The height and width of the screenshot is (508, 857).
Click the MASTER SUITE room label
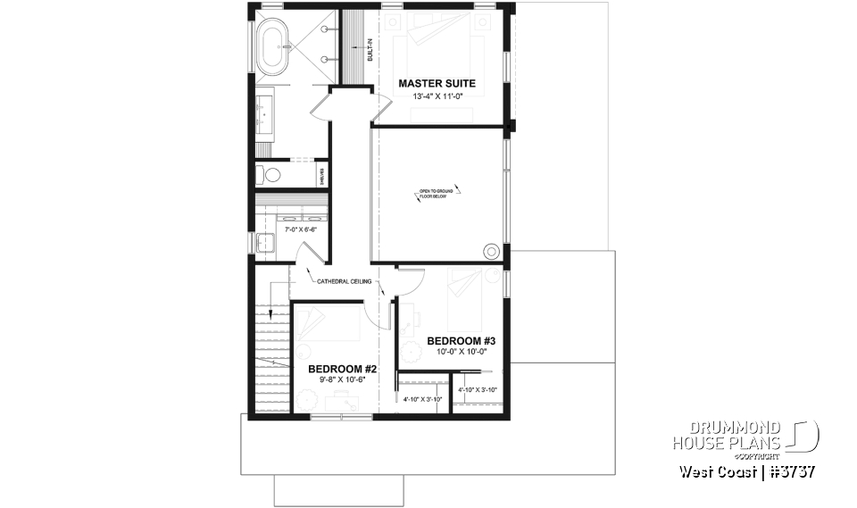tap(437, 84)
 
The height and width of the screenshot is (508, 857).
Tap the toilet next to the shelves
tap(272, 175)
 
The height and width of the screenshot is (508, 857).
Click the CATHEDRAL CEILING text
tap(345, 281)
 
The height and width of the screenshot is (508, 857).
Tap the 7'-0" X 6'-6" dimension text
tap(301, 229)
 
